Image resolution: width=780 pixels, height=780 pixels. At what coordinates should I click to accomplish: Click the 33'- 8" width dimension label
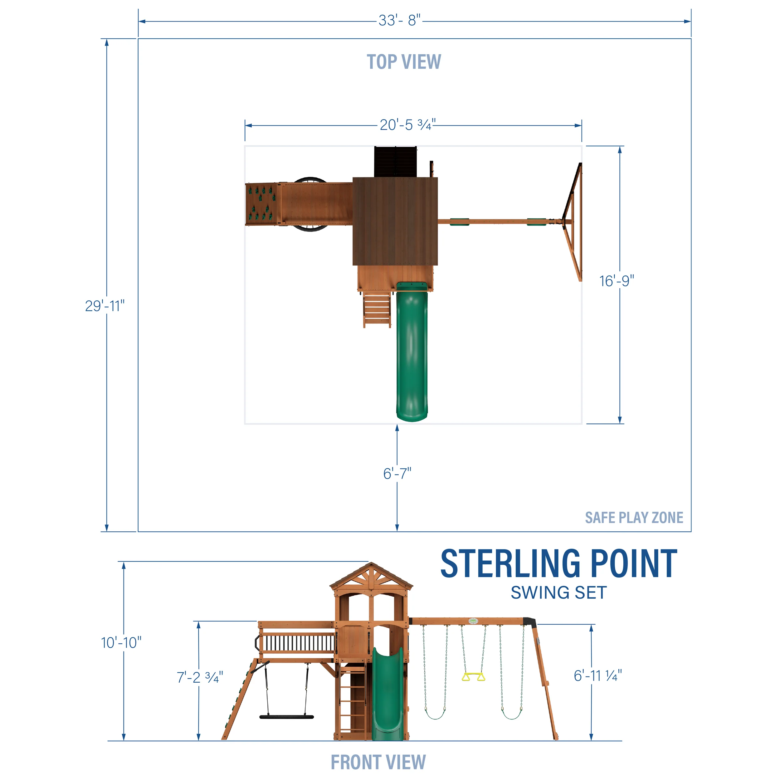399,20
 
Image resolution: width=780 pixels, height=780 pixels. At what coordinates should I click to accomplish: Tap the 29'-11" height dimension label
105,306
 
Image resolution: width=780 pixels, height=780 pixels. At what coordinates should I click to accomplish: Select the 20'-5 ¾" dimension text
407,125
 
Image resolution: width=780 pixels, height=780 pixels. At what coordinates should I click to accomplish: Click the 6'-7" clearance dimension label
397,473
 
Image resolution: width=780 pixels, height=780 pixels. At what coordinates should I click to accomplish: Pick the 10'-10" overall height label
121,642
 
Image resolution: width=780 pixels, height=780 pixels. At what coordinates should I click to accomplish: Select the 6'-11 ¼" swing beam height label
597,675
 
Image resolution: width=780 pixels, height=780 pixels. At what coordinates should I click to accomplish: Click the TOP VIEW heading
404,62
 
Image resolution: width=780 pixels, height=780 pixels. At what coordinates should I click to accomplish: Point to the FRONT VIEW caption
378,762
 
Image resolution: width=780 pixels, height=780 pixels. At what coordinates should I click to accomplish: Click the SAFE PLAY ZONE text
634,518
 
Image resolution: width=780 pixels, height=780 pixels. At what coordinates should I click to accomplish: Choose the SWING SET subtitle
558,593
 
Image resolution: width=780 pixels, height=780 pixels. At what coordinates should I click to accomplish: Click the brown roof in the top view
395,221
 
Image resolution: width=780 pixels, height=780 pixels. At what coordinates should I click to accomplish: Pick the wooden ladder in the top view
377,310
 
